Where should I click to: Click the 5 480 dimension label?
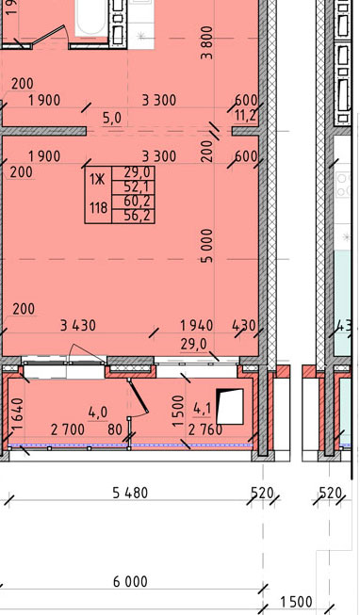pyautogui.click(x=130, y=493)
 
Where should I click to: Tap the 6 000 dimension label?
pyautogui.click(x=130, y=581)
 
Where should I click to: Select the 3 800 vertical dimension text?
pyautogui.click(x=206, y=42)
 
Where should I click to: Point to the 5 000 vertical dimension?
pyautogui.click(x=206, y=246)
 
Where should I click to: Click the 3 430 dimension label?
pyautogui.click(x=77, y=325)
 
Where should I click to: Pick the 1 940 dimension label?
pyautogui.click(x=197, y=325)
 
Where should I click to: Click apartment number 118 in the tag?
pyautogui.click(x=98, y=208)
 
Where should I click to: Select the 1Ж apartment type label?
pyautogui.click(x=97, y=180)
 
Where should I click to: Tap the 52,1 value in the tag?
pyautogui.click(x=134, y=186)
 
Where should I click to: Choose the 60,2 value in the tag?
pyautogui.click(x=134, y=202)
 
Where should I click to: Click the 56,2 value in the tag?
pyautogui.click(x=134, y=216)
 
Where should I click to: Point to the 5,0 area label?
pyautogui.click(x=112, y=119)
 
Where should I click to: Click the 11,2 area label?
pyautogui.click(x=246, y=115)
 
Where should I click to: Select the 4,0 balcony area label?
pyautogui.click(x=98, y=413)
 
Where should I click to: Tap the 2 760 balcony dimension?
pyautogui.click(x=205, y=430)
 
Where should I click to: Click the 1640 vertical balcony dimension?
pyautogui.click(x=19, y=414)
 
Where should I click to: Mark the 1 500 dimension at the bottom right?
pyautogui.click(x=297, y=602)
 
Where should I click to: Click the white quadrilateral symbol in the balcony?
pyautogui.click(x=230, y=407)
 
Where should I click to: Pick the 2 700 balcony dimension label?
pyautogui.click(x=68, y=429)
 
